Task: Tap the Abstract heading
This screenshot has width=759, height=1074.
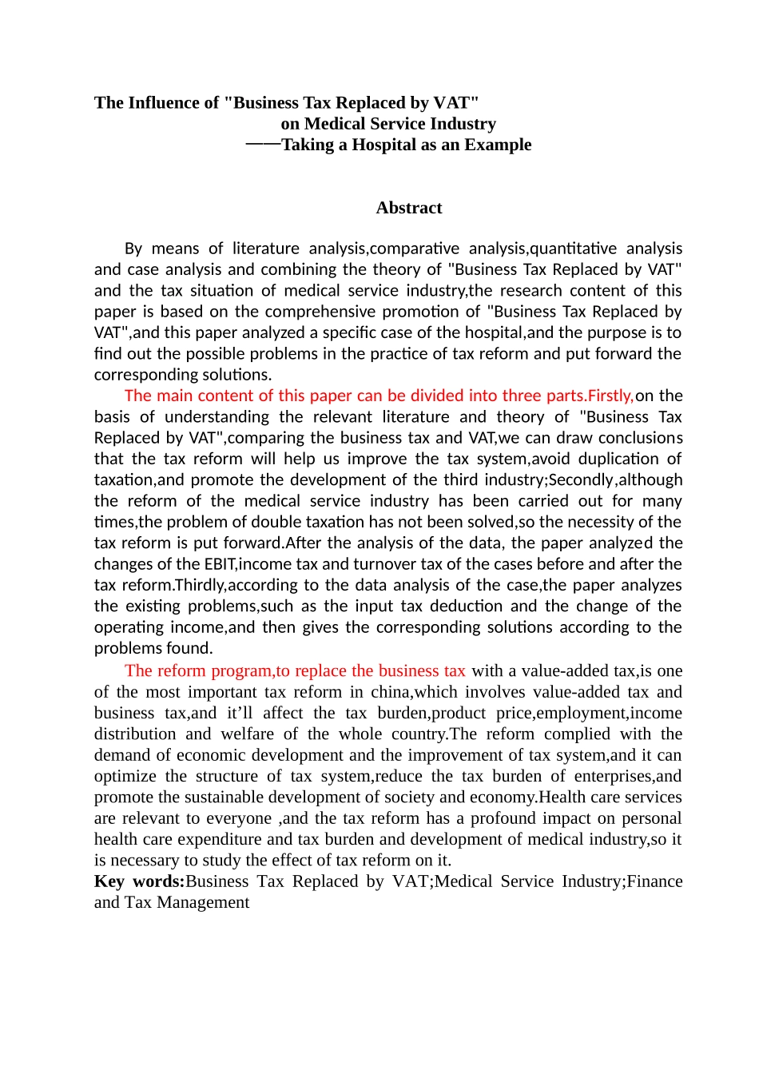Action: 409,208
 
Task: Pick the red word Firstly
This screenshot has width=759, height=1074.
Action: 610,396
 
